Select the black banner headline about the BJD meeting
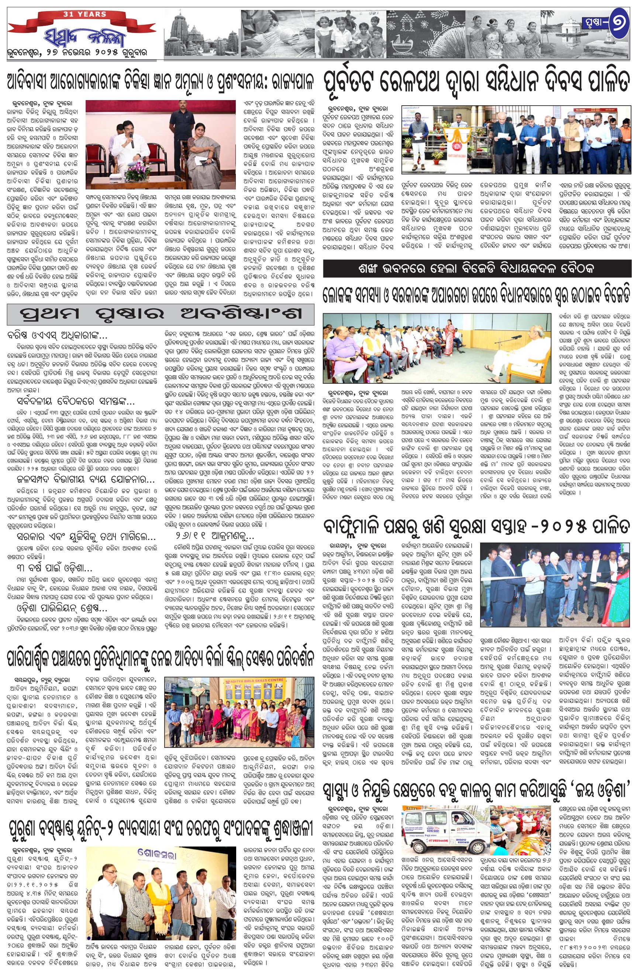pyautogui.click(x=476, y=269)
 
